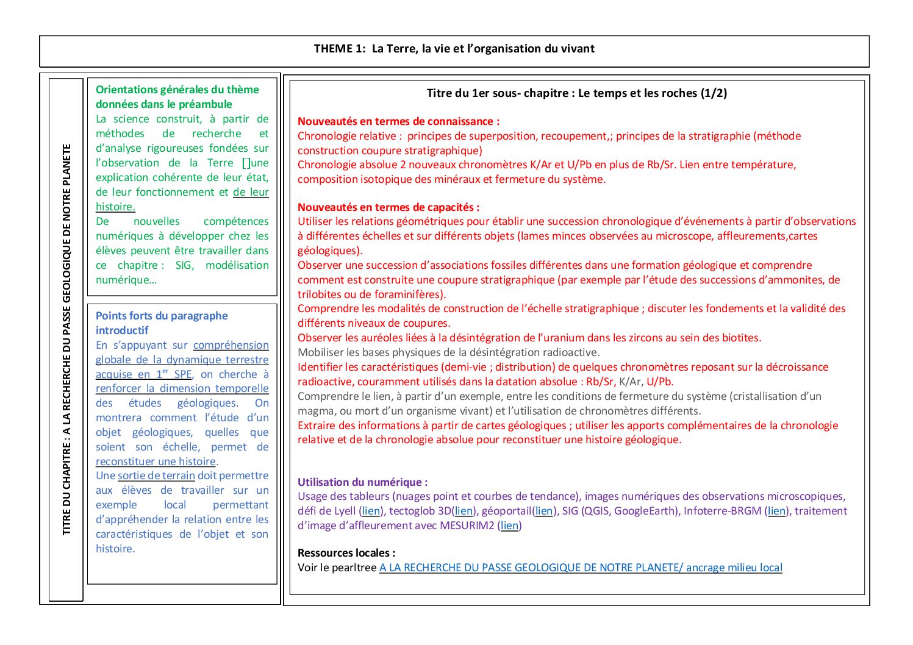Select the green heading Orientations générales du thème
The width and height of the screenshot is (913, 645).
coord(177,90)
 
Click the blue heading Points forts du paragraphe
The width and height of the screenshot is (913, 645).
coord(162,316)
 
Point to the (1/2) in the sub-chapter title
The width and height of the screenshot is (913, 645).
coord(714,93)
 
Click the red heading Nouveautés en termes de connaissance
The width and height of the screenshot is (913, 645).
coord(398,121)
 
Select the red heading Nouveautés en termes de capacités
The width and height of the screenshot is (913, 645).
coord(388,207)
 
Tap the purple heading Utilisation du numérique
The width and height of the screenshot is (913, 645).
coord(362,482)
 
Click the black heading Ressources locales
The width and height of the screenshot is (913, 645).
coord(346,553)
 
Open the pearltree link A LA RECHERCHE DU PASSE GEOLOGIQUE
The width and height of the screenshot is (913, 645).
coord(580,568)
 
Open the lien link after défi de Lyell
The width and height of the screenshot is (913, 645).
coord(371,511)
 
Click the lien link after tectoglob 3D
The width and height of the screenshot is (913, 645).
coord(464,511)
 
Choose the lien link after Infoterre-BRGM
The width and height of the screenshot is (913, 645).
coord(776,511)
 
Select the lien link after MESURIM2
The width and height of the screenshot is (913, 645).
coord(509,526)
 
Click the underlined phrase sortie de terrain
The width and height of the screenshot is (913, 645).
coord(156,476)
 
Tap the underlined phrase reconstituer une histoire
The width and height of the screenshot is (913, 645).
coord(156,461)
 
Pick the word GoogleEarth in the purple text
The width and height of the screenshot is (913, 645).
coord(645,511)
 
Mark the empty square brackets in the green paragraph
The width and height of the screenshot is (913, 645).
coord(246,163)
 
